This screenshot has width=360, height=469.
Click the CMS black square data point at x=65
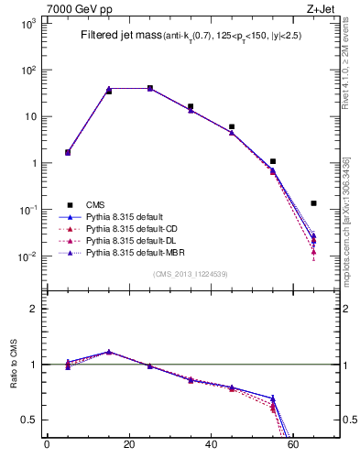pos(314,203)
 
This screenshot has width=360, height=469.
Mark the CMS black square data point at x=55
pos(273,161)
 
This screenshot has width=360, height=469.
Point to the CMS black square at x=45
pos(232,126)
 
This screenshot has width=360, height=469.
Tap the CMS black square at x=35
pos(191,106)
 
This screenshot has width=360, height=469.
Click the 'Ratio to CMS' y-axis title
pos(14,365)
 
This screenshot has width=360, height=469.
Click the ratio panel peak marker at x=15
pos(109,352)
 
